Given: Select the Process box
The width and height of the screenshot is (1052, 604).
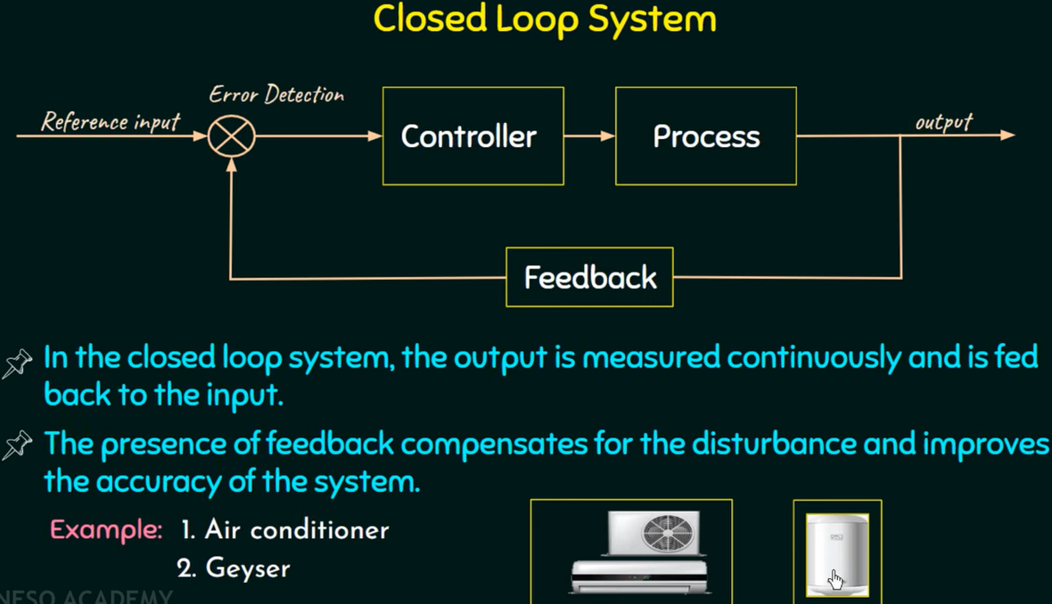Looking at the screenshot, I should point(705,136).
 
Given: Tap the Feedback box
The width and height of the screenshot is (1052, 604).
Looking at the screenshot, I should point(589,277).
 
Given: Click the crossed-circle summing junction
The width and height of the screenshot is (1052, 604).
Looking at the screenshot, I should point(232,136).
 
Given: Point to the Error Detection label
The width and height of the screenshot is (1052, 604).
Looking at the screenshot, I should point(276,94).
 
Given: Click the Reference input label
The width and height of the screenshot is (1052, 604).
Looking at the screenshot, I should point(111,121).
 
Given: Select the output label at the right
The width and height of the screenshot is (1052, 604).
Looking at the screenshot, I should point(943,121).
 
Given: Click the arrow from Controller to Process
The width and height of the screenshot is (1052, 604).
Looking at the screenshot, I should point(589,136).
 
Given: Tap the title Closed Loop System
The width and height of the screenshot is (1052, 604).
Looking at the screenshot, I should point(545,19).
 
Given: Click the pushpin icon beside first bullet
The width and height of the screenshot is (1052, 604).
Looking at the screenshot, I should point(17,363).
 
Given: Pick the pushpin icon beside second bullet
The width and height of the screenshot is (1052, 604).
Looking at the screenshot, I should point(17,444).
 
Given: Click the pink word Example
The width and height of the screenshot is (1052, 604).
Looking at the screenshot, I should point(105,530).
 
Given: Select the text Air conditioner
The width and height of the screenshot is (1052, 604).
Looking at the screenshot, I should point(297,530).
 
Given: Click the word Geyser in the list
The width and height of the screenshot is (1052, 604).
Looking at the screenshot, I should point(247,568).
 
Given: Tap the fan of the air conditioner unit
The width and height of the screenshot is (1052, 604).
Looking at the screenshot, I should point(666,533).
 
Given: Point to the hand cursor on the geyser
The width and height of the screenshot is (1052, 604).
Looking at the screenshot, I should point(835,579).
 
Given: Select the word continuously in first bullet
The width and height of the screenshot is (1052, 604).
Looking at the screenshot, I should point(812,358).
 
